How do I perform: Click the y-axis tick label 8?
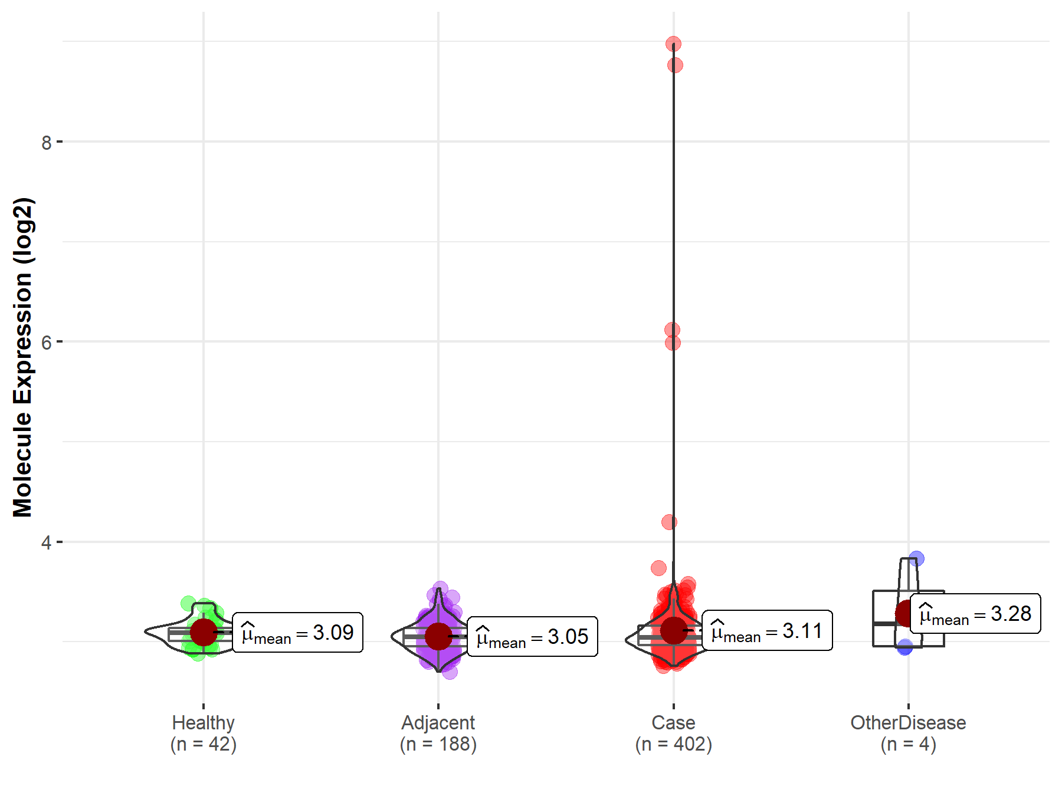[x=47, y=143]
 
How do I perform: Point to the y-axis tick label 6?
[x=47, y=343]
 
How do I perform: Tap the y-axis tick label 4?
[x=47, y=542]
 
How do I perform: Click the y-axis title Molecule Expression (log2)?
[x=22, y=357]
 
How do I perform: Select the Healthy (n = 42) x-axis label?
[x=204, y=733]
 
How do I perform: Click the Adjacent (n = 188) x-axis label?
[x=438, y=733]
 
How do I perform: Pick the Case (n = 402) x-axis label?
[x=673, y=733]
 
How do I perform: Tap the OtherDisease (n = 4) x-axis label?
[x=908, y=733]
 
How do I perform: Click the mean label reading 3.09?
[x=297, y=633]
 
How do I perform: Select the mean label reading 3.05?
[x=532, y=637]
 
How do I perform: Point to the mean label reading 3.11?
[x=767, y=631]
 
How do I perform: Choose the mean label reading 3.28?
[x=975, y=614]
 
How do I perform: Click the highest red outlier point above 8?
[x=673, y=44]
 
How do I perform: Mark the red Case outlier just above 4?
[x=669, y=522]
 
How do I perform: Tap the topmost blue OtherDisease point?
[x=916, y=558]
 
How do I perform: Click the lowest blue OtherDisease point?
[x=905, y=647]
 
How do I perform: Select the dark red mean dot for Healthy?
[x=204, y=632]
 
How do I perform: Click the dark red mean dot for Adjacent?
[x=438, y=636]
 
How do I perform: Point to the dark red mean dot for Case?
[x=673, y=630]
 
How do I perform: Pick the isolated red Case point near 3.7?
[x=658, y=568]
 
